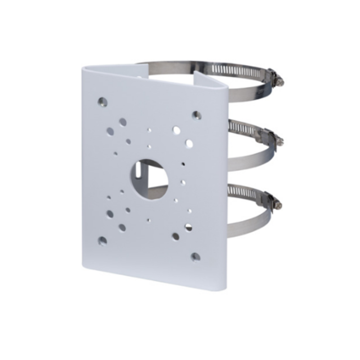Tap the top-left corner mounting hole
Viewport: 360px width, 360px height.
(x=103, y=102)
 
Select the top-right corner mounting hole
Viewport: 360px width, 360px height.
(x=196, y=115)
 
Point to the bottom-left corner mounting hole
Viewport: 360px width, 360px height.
(x=103, y=241)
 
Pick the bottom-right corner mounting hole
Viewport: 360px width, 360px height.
(x=195, y=257)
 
